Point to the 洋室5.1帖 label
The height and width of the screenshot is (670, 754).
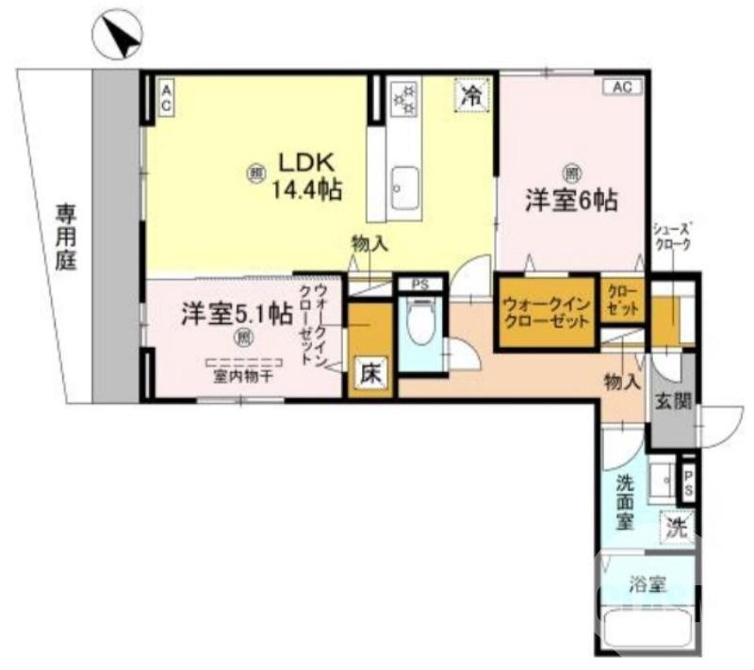(x=237, y=314)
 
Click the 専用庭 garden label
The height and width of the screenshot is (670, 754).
(x=64, y=236)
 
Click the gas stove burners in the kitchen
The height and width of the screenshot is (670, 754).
(x=405, y=98)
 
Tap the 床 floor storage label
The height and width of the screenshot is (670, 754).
(x=369, y=374)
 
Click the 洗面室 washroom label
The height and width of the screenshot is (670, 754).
(x=626, y=501)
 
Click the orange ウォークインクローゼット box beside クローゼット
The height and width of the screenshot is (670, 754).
(x=547, y=312)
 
